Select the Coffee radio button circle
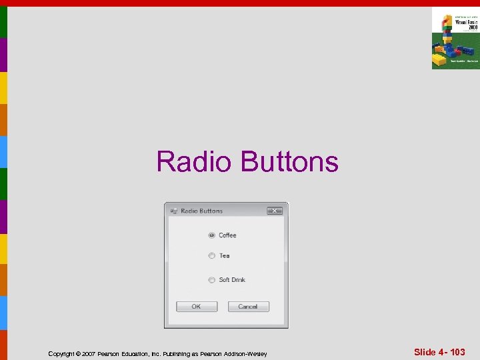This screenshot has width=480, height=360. [211, 235]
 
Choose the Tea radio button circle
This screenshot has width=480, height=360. [211, 256]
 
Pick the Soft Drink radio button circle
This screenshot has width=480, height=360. [211, 280]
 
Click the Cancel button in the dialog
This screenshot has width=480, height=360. [248, 307]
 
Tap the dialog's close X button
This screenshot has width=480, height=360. [275, 211]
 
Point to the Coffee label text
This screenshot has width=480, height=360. [227, 235]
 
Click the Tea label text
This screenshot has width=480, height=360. [224, 256]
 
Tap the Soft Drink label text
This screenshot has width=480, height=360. [232, 280]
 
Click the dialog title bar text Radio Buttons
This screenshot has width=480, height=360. [201, 211]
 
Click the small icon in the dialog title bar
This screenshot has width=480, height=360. [174, 211]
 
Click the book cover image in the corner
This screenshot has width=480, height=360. [455, 38]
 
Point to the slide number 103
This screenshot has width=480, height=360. [457, 352]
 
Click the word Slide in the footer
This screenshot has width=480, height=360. [425, 352]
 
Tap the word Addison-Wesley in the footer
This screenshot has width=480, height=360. [247, 354]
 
